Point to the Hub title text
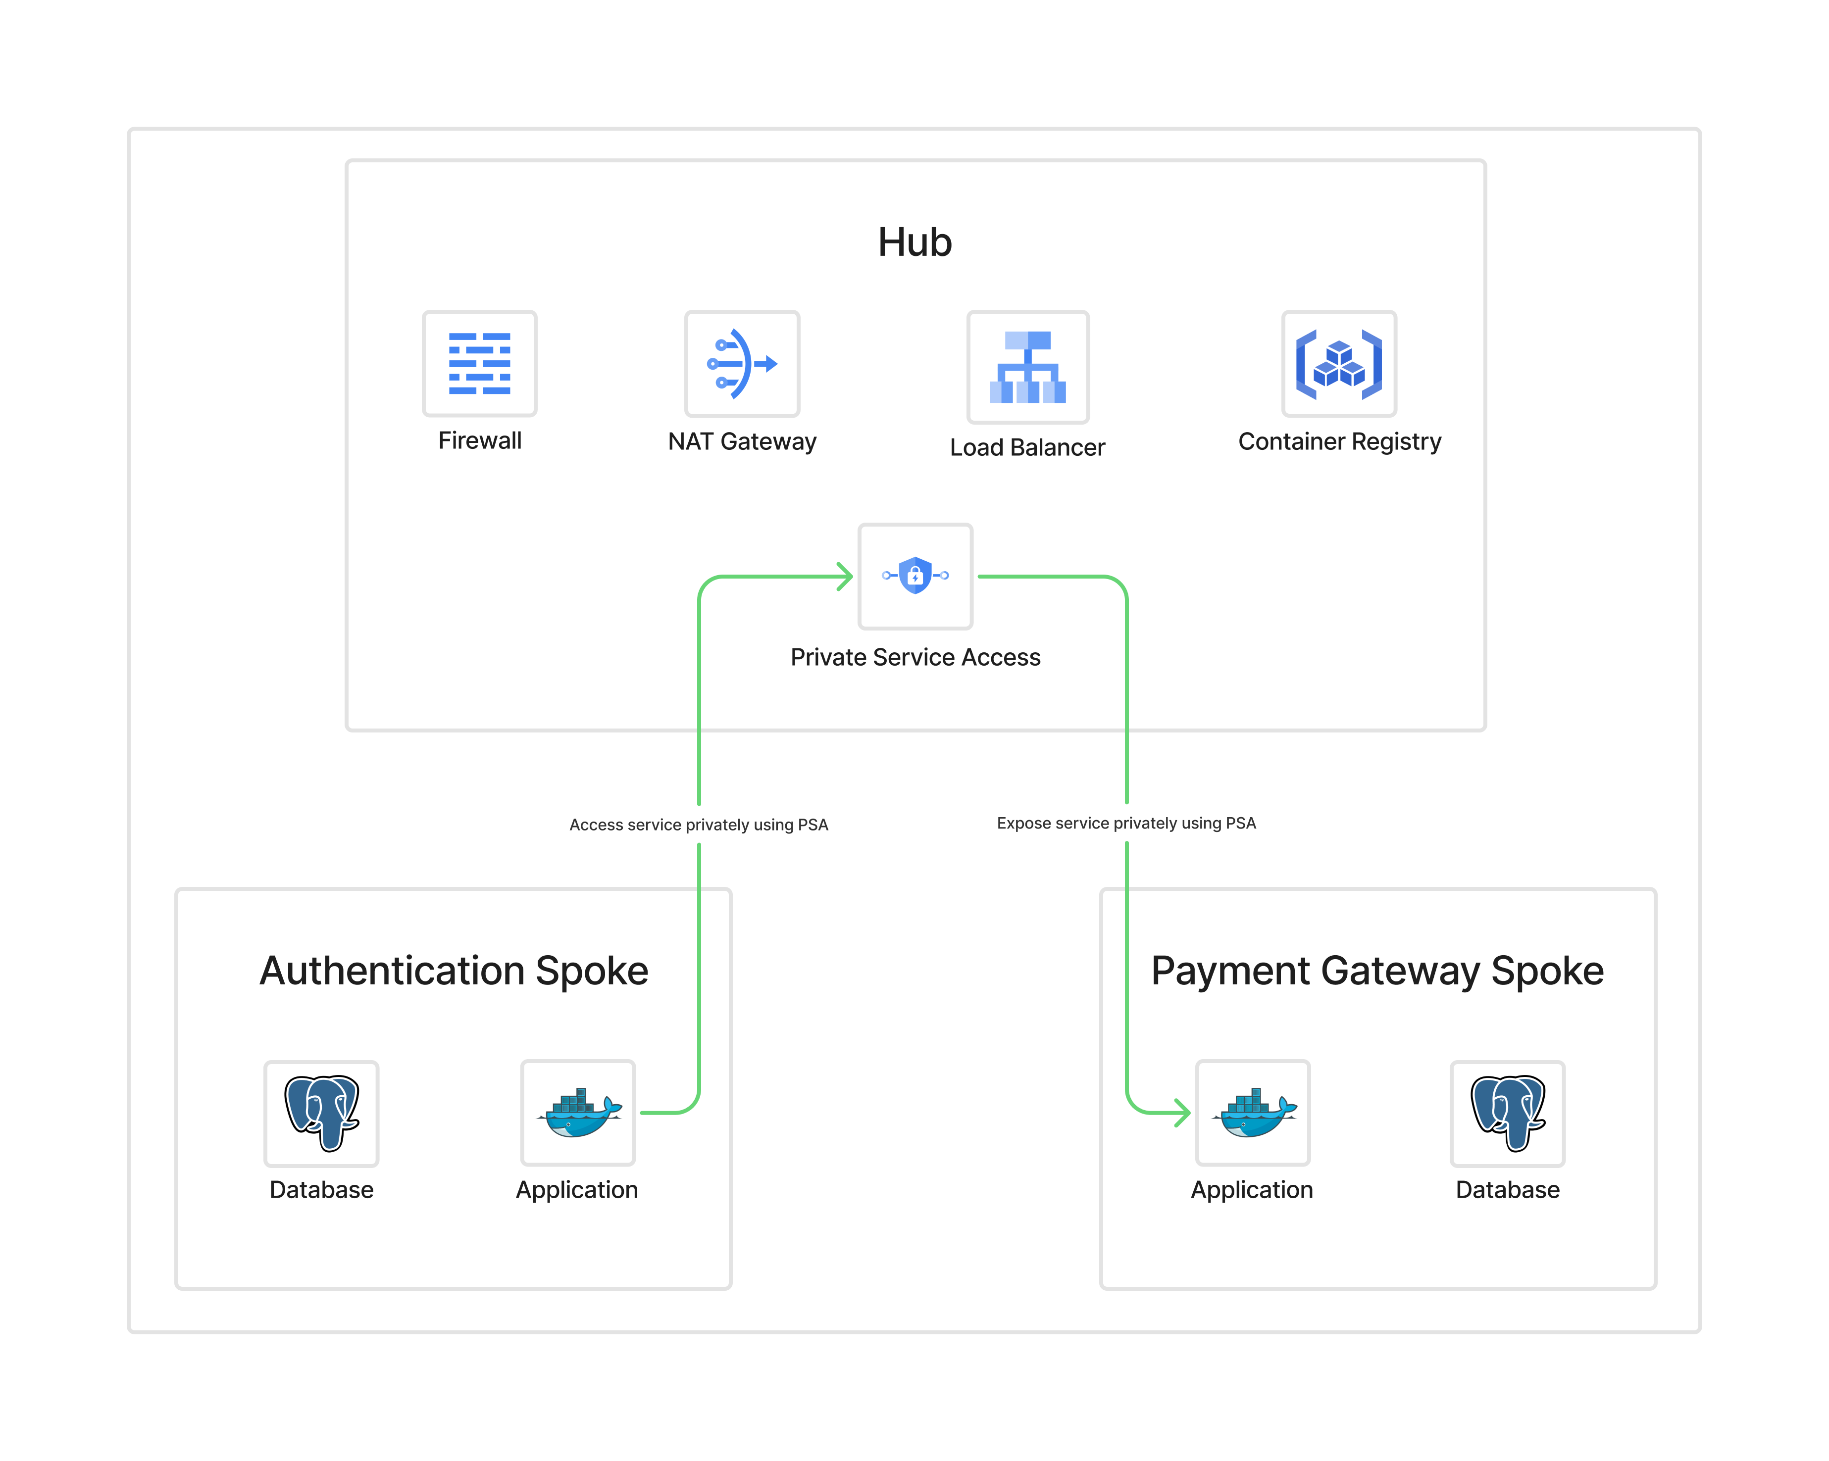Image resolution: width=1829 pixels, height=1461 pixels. (x=914, y=243)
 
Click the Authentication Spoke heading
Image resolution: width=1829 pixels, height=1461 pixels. (x=454, y=971)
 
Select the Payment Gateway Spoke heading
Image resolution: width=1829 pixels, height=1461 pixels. (x=1377, y=971)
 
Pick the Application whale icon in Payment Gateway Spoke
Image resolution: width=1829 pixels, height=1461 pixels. (x=1253, y=1113)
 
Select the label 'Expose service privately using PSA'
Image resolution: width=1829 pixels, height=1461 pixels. (x=1126, y=824)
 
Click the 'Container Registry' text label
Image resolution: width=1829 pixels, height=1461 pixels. (x=1339, y=442)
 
